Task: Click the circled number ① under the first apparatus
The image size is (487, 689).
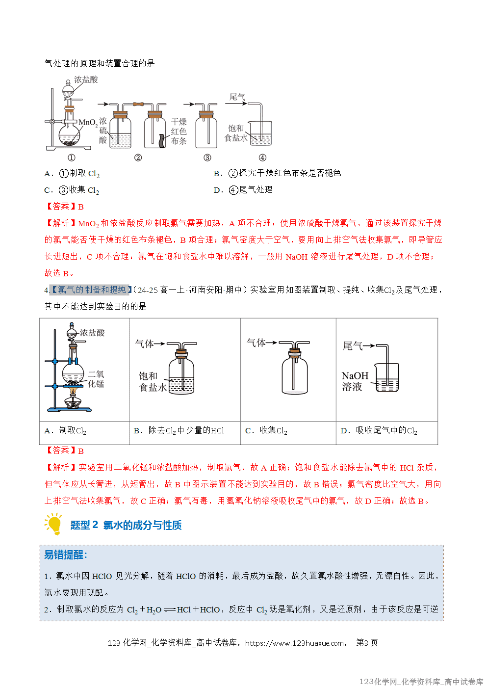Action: tap(72, 158)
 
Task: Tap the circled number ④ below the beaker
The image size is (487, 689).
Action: tap(262, 158)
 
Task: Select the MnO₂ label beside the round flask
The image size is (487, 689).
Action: tap(88, 122)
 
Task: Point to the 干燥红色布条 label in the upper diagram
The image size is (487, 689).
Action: tap(179, 131)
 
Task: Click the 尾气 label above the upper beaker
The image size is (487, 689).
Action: tap(237, 97)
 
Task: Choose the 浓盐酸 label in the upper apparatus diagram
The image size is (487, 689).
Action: tap(86, 79)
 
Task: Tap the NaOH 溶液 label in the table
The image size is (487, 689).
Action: tap(355, 381)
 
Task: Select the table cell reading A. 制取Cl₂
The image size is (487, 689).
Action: tap(65, 430)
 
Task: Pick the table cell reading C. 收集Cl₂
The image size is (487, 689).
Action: tap(266, 430)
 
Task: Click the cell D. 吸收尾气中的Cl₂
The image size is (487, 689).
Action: tap(379, 430)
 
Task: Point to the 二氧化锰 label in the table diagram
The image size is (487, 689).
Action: tap(96, 379)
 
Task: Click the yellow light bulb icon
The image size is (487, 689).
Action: tap(54, 524)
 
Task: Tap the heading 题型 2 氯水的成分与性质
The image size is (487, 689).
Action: tap(126, 525)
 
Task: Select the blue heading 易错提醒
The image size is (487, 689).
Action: tap(66, 555)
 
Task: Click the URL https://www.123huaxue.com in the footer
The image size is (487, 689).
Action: tap(294, 643)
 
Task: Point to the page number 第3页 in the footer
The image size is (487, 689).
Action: tap(367, 642)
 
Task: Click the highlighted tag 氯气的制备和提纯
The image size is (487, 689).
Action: tap(92, 290)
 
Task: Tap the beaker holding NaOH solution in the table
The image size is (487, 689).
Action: tap(387, 378)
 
